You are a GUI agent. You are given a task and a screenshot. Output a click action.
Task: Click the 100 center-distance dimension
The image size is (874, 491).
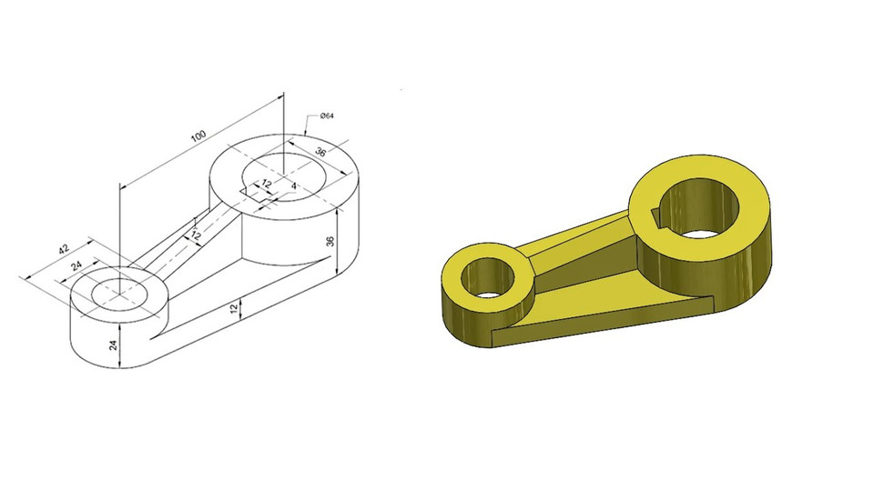click(198, 136)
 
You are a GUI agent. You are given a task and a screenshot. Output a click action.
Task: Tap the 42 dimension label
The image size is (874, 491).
click(63, 248)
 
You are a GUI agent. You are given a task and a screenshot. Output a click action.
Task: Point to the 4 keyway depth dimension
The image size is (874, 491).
click(293, 185)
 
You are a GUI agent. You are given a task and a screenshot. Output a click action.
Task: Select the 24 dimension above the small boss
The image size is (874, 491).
click(77, 266)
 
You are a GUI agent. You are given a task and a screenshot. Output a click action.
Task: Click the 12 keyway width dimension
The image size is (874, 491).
click(266, 184)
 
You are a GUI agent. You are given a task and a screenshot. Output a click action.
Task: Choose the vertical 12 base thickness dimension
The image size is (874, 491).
click(237, 310)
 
